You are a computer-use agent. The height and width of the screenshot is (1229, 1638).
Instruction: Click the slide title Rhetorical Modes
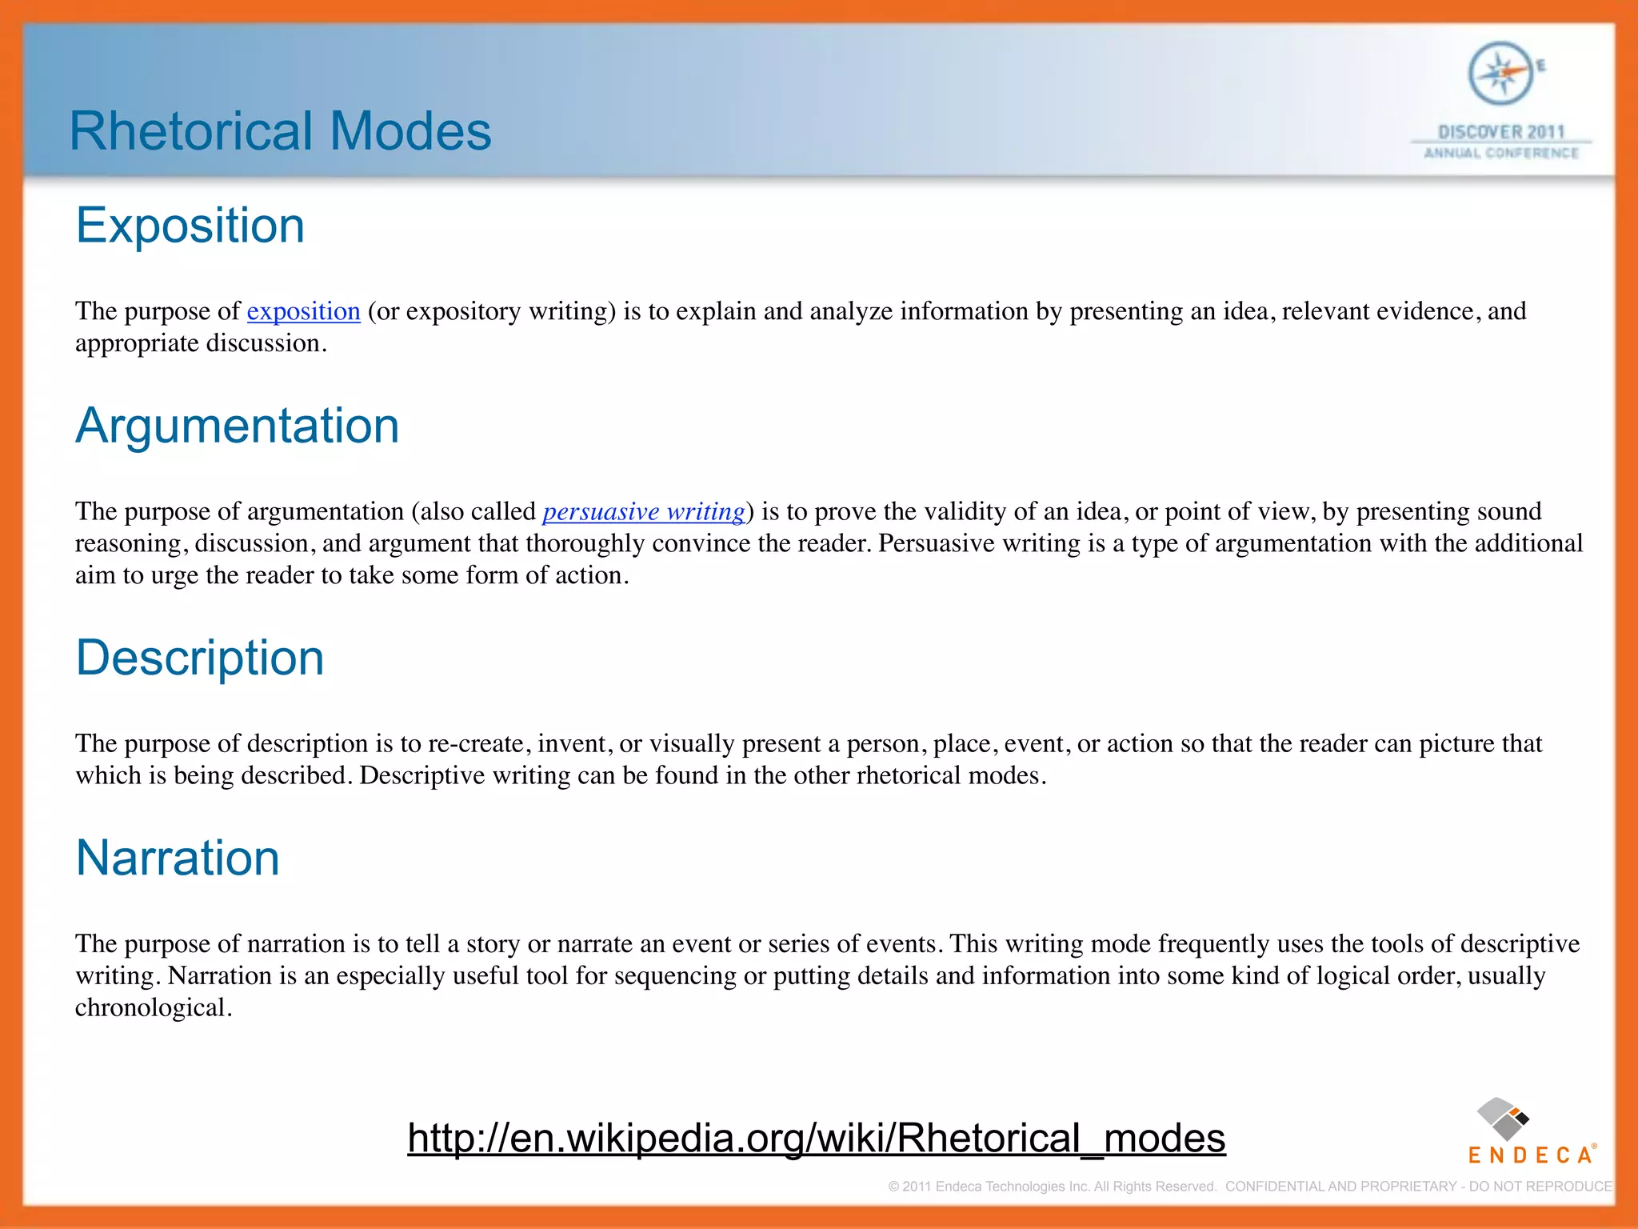280,131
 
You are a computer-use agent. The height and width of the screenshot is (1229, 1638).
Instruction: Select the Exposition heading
190,226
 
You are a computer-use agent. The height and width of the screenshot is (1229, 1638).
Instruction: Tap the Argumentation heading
237,426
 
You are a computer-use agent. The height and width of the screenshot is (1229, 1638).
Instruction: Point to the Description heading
200,658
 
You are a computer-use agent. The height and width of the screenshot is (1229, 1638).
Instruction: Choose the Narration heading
178,858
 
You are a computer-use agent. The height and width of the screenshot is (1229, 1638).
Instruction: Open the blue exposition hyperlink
303,311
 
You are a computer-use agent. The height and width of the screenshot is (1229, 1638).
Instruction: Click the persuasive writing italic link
644,511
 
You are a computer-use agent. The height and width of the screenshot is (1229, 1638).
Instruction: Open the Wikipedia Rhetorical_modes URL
816,1138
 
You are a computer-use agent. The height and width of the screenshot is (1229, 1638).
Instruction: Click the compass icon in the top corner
1500,74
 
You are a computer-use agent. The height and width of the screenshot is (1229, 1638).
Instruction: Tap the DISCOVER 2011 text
1500,131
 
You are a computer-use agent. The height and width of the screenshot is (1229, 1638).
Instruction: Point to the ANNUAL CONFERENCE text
1500,153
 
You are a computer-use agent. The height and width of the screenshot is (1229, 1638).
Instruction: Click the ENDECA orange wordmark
1530,1155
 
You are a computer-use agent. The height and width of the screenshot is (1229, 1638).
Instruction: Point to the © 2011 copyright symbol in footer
893,1187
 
